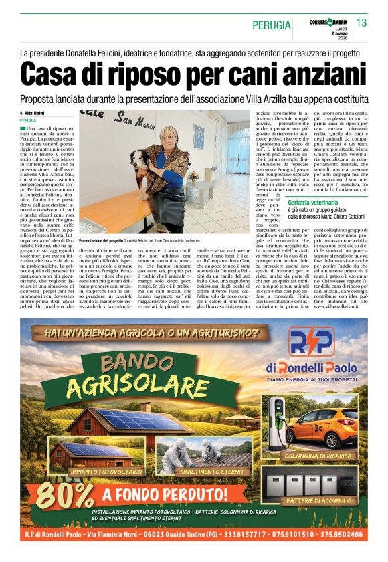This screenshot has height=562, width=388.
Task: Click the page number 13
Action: pyautogui.click(x=362, y=23)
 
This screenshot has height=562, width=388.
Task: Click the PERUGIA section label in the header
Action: pyautogui.click(x=272, y=25)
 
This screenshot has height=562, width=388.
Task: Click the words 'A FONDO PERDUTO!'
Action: pyautogui.click(x=156, y=495)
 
